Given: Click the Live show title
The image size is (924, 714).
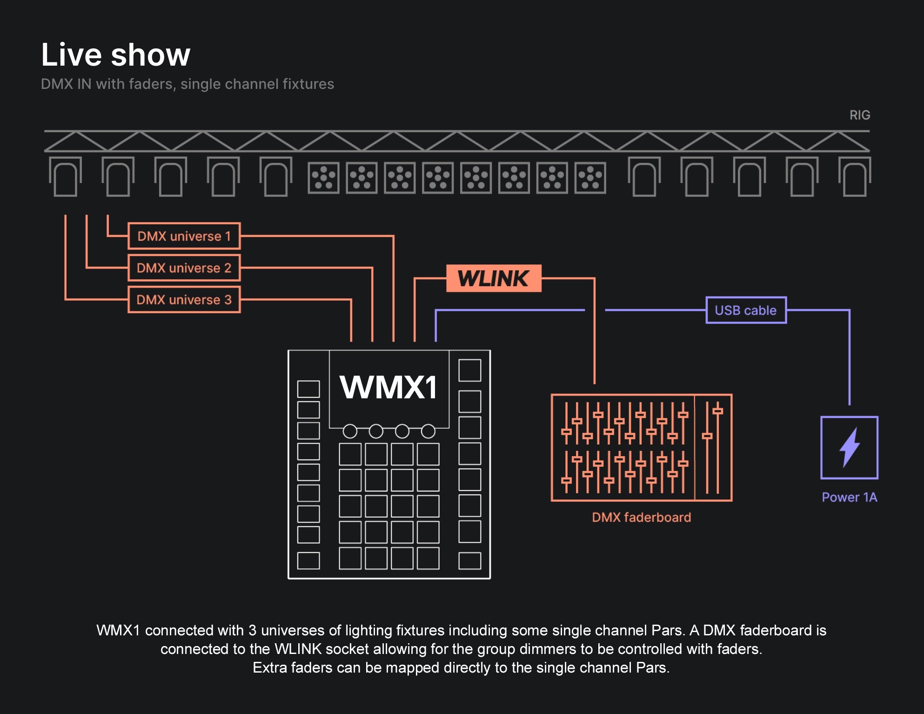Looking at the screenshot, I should tap(115, 55).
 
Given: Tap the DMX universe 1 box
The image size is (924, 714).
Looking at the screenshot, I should tap(184, 236).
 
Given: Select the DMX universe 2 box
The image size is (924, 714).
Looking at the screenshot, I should tap(184, 268).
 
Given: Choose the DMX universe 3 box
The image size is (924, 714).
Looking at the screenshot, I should tap(184, 299).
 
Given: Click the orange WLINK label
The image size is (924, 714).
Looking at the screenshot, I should tap(494, 278).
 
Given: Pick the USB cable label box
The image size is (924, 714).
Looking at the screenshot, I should tap(746, 310).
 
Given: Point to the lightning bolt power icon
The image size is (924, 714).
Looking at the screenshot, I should tap(849, 447).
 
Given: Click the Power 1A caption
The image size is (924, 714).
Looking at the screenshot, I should tap(849, 497).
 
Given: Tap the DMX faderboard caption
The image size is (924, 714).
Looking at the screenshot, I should tap(641, 517).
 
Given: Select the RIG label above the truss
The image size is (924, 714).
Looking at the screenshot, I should tap(859, 115).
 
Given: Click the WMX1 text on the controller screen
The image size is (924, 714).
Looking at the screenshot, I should tap(389, 387).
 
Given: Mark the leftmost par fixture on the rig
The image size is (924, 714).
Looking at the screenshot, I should tap(65, 177).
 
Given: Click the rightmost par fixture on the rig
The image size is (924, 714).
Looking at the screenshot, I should tap(854, 177).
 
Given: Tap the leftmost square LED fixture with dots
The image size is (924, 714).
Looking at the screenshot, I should tap(323, 178).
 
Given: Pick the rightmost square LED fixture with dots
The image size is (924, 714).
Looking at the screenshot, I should tap(590, 178).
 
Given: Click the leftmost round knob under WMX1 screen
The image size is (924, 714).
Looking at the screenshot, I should tap(350, 431).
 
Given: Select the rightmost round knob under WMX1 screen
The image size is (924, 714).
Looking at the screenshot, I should tap(428, 431).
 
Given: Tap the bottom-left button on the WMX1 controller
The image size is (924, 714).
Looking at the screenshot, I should tap(308, 560).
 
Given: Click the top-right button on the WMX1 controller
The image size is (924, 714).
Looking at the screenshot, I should tap(469, 370).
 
